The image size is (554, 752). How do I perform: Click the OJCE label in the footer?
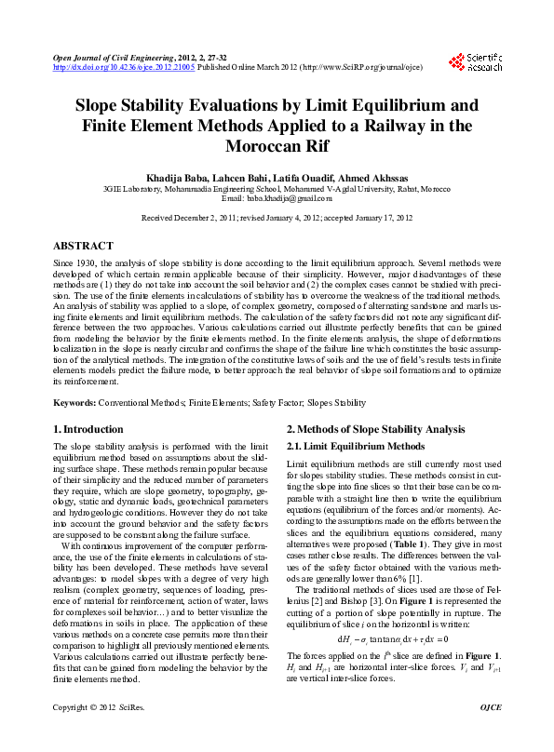(489, 734)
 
